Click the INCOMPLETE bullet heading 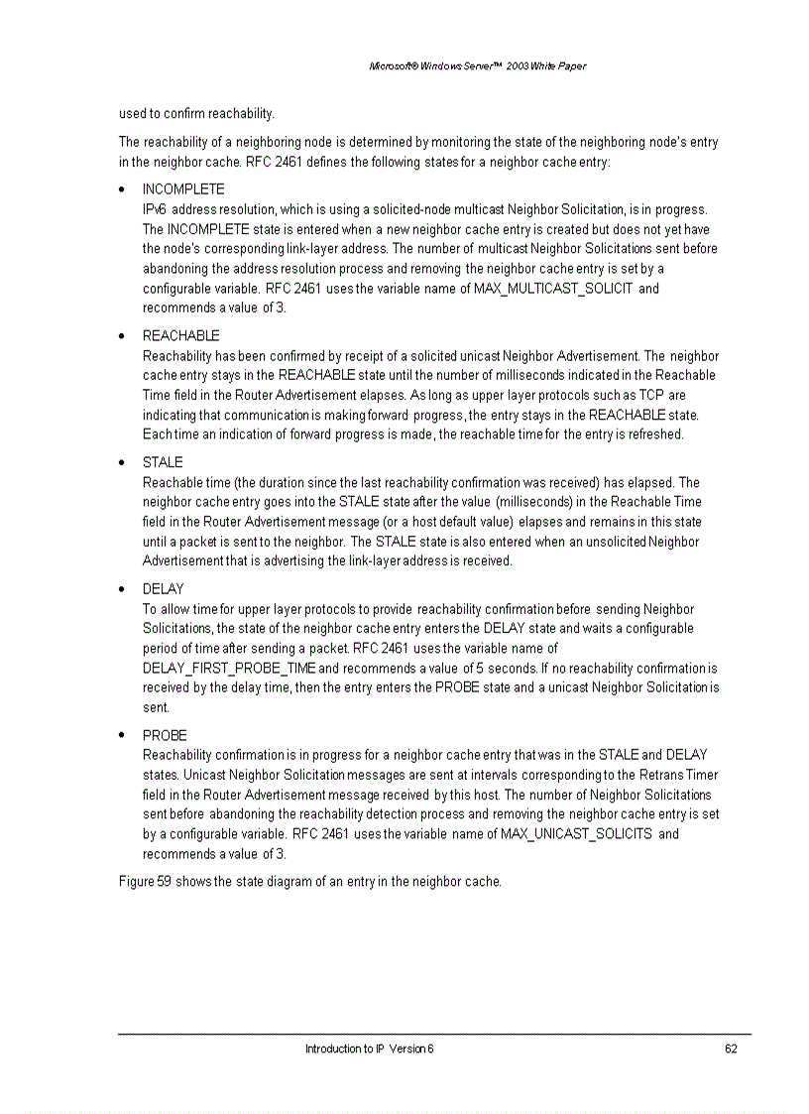[x=183, y=189]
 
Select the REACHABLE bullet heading [x=180, y=336]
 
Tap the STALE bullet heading [x=163, y=463]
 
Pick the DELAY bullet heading [x=163, y=589]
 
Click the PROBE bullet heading [x=165, y=736]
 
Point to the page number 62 [x=731, y=1049]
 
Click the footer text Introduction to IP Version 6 [x=369, y=1049]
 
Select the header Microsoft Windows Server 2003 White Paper [x=477, y=66]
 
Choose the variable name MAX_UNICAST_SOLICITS [x=576, y=833]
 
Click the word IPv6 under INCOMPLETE [x=156, y=209]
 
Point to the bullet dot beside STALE [x=121, y=463]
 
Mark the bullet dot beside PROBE [x=121, y=736]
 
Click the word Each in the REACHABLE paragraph [x=156, y=434]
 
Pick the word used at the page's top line [x=132, y=113]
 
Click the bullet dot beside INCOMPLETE [x=121, y=189]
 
